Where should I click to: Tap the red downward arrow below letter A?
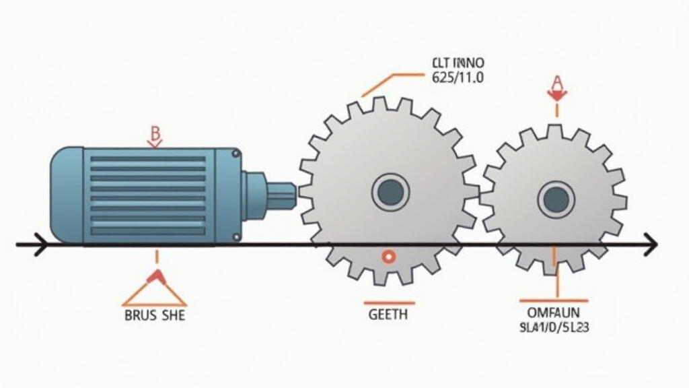coord(556,96)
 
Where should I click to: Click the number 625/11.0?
coord(456,77)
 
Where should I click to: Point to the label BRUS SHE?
coord(155,315)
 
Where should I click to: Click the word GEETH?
coord(388,315)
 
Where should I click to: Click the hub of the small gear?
coord(556,198)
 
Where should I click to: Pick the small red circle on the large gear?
coord(388,257)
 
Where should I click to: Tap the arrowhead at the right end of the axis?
coord(650,245)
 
